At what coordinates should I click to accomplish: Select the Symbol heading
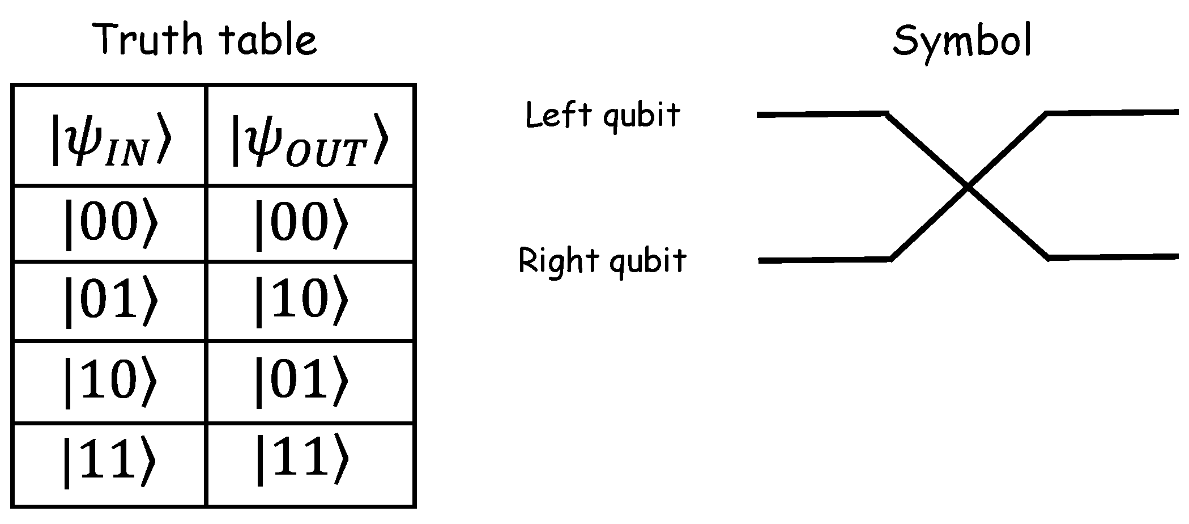click(962, 41)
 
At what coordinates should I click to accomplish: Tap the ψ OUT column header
click(310, 140)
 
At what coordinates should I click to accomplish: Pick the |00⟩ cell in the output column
click(300, 223)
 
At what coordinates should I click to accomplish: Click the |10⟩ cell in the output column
click(300, 301)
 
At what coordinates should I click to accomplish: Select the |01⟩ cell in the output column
click(300, 381)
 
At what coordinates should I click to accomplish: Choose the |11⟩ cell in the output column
click(300, 461)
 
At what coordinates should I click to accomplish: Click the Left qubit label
click(603, 116)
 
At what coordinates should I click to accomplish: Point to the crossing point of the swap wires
click(968, 187)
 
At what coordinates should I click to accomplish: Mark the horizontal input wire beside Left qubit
click(821, 115)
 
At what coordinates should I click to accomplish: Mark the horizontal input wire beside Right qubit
click(824, 260)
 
